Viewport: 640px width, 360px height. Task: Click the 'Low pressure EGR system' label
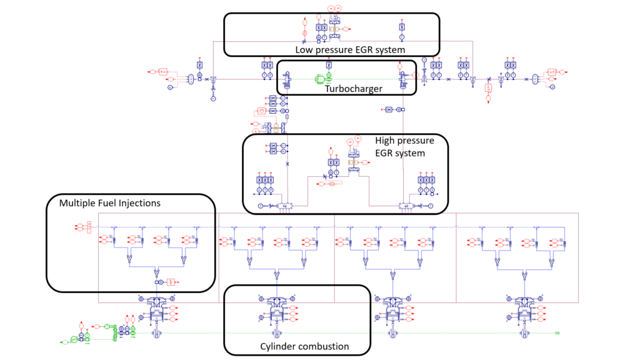pos(351,49)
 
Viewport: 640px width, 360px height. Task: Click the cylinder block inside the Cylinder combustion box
pos(276,311)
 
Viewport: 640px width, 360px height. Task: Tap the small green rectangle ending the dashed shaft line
pos(557,333)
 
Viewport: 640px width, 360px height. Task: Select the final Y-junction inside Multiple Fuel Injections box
pos(156,273)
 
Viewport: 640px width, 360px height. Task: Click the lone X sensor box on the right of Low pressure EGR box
pos(402,27)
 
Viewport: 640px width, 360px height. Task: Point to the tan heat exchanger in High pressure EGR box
pos(351,162)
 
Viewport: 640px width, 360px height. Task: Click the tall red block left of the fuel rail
pos(89,227)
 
